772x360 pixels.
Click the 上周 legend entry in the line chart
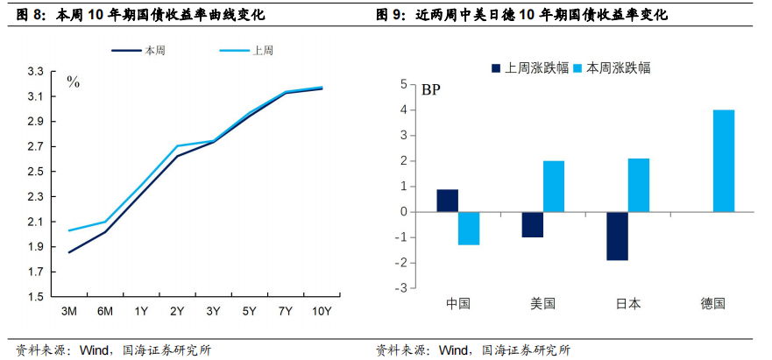point(247,51)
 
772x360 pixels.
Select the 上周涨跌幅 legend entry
point(525,67)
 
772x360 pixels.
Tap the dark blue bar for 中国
point(447,201)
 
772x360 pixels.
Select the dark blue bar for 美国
point(532,224)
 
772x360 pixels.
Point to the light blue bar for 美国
point(554,187)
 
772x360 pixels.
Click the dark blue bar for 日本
point(617,236)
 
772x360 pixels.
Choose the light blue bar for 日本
point(639,185)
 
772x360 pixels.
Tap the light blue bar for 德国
point(724,160)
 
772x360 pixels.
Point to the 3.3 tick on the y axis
point(35,71)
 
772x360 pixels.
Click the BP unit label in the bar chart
point(430,89)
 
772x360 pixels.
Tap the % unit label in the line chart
point(74,83)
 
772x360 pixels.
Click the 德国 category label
point(712,304)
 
